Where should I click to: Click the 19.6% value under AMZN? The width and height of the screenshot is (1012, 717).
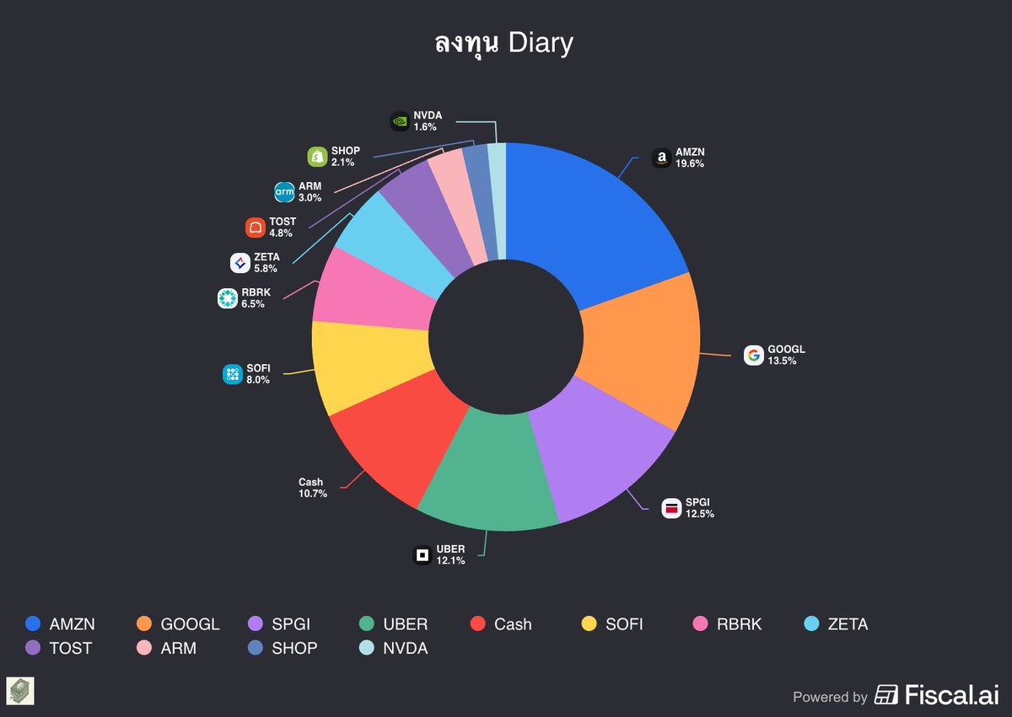click(x=689, y=164)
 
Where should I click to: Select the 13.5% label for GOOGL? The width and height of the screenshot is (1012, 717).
click(x=782, y=361)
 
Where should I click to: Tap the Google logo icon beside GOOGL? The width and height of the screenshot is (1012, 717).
click(x=753, y=355)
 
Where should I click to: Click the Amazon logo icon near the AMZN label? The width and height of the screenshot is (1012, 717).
click(x=661, y=158)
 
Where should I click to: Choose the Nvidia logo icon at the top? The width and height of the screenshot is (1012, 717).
click(x=400, y=121)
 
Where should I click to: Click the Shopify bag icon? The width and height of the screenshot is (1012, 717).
click(x=317, y=156)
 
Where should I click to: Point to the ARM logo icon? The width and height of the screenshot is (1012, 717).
click(x=285, y=192)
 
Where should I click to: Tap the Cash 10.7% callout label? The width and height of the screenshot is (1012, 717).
click(x=312, y=488)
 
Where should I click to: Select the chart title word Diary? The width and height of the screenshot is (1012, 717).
click(x=541, y=43)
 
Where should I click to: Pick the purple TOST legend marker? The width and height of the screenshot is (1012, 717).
click(x=33, y=648)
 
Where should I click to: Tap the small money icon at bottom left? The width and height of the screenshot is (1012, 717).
click(x=20, y=690)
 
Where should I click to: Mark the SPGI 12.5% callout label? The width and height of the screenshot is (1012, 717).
click(x=699, y=508)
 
